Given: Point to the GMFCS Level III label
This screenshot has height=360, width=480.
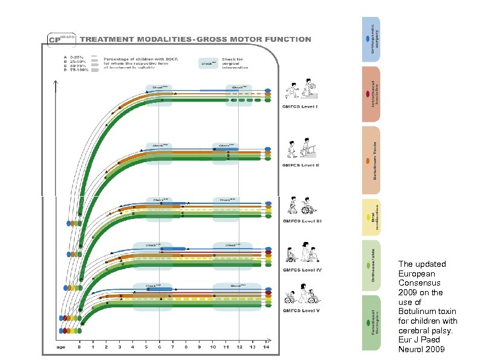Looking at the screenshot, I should pos(303,221).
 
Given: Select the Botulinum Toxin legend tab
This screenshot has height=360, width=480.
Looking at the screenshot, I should pos(371,160).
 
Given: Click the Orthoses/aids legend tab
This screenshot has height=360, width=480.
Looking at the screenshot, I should pos(371,265).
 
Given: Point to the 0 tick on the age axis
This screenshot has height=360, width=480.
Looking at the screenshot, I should pos(79,347).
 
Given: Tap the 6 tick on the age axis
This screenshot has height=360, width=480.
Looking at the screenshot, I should pos(159,347).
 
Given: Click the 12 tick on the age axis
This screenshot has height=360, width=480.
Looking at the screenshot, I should pos(239,347).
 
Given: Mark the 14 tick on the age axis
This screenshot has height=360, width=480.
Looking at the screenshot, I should pos(265,347).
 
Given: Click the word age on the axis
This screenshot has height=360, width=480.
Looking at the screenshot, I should pos(61,347).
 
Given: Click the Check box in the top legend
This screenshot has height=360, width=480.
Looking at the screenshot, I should pos(209,63).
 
